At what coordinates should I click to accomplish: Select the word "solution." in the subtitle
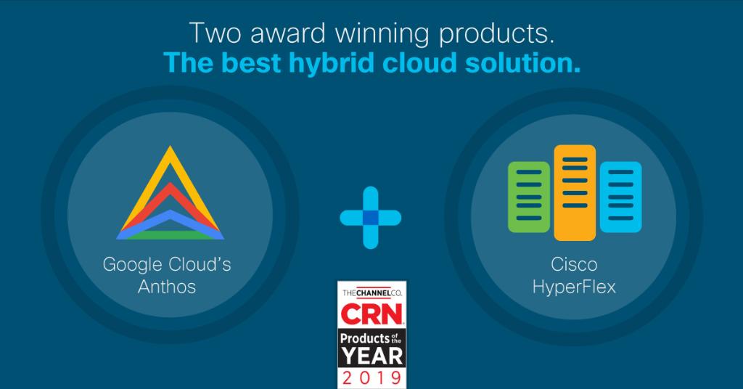point(517,63)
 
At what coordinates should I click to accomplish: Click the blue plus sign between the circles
point(371,217)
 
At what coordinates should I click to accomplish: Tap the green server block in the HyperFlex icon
point(529,197)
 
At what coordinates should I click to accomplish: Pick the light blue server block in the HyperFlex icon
point(620,197)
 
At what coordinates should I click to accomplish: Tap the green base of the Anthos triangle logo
point(170,234)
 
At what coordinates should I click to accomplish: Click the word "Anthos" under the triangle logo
point(167,286)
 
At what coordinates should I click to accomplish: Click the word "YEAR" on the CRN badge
point(371,356)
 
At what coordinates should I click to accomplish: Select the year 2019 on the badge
point(371,377)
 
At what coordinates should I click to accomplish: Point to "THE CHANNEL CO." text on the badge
point(371,292)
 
